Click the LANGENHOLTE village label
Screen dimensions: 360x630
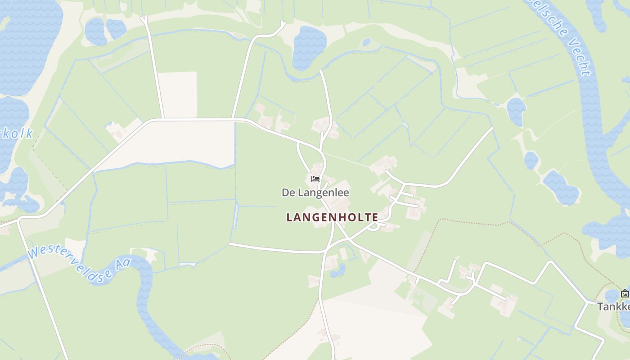coord(332,217)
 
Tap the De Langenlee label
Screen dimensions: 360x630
coord(315,193)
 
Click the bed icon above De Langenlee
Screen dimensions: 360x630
coord(315,179)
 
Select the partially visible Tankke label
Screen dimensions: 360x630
coord(613,306)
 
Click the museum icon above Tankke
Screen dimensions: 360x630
coord(625,294)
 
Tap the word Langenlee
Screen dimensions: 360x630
coord(322,193)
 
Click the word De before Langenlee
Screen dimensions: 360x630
coord(287,193)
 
